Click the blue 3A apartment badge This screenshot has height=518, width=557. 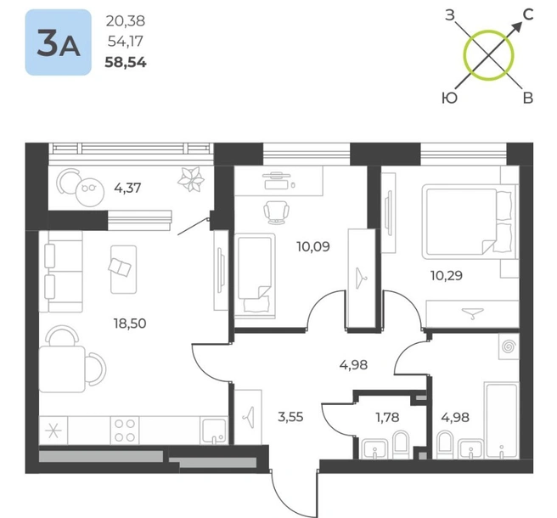click(59, 42)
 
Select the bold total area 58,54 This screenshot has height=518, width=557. click(126, 63)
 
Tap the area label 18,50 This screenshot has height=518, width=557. click(130, 324)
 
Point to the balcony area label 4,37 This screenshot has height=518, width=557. click(127, 188)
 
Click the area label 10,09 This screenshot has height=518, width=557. click(313, 246)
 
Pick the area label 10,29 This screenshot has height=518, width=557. click(447, 275)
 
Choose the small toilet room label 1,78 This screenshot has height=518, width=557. click(387, 417)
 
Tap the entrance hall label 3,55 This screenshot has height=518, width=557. click(290, 417)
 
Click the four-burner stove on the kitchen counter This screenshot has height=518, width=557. click(125, 431)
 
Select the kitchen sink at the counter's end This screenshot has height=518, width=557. click(213, 431)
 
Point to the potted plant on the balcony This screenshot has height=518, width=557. click(191, 179)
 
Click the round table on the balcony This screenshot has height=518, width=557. click(90, 192)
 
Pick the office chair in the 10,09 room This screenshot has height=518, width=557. click(276, 212)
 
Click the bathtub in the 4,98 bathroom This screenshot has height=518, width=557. click(502, 420)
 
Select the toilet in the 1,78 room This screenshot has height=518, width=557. click(402, 443)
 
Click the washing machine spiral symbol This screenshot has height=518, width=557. click(509, 346)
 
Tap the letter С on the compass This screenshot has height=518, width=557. click(528, 14)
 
